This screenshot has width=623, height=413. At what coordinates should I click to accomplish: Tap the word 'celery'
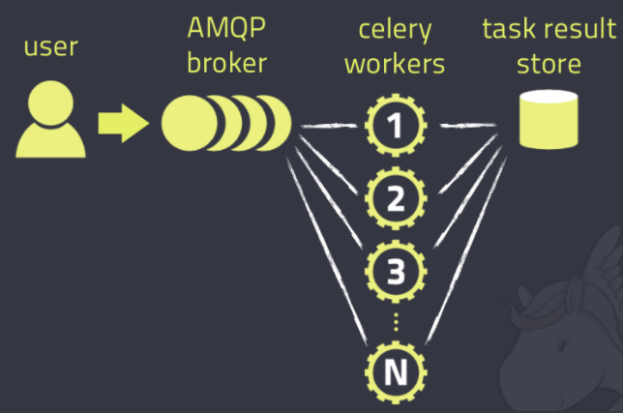tap(396, 31)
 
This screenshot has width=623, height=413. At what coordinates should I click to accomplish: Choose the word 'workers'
tap(397, 64)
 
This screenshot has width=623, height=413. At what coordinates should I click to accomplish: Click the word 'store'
tap(548, 64)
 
